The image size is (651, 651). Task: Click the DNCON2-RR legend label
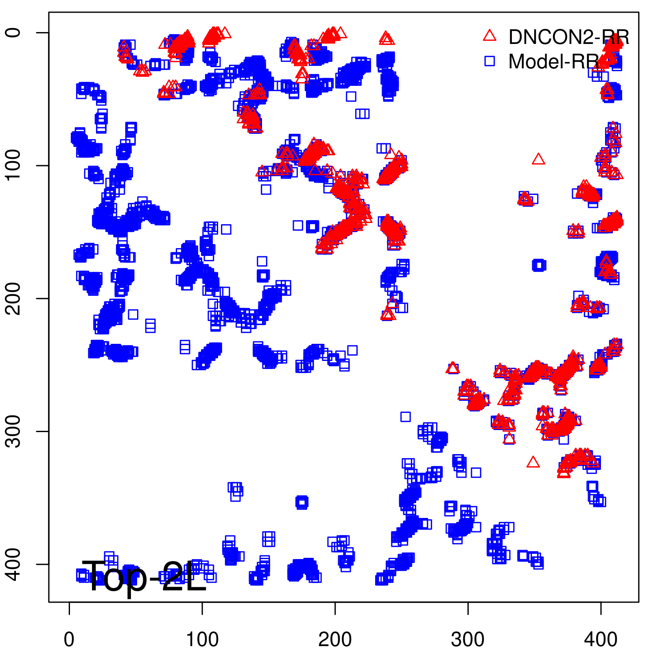click(x=568, y=37)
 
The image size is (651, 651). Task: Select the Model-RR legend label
click(x=553, y=62)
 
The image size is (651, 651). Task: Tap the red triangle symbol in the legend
click(x=489, y=36)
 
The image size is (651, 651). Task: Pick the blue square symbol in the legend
click(x=489, y=61)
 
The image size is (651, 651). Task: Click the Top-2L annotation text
click(x=144, y=576)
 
